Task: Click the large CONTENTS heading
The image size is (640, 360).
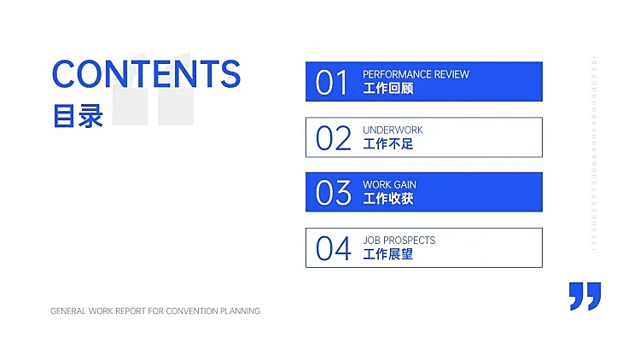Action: click(x=146, y=74)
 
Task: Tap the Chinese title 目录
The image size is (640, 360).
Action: click(x=78, y=116)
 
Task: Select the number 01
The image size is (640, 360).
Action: click(x=331, y=83)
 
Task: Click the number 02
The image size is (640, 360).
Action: click(x=333, y=138)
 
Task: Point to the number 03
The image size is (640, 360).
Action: click(x=333, y=193)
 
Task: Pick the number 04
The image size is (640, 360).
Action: click(x=333, y=248)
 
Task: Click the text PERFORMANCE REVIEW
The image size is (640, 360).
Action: click(x=416, y=74)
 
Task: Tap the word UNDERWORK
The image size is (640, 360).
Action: click(x=393, y=131)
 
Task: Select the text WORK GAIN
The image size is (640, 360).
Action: click(x=389, y=185)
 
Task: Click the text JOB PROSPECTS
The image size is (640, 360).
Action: click(x=399, y=241)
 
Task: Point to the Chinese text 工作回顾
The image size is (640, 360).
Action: click(x=387, y=88)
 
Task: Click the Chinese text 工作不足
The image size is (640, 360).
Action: click(x=387, y=143)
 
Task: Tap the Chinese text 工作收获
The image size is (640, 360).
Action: click(x=387, y=199)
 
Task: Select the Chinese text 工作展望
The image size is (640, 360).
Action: click(x=387, y=254)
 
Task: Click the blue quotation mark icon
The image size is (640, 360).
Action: click(x=585, y=296)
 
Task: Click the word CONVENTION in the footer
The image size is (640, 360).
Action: click(x=192, y=311)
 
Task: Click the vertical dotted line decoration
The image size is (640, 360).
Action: click(x=594, y=154)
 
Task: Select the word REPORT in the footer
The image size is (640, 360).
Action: click(x=131, y=311)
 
